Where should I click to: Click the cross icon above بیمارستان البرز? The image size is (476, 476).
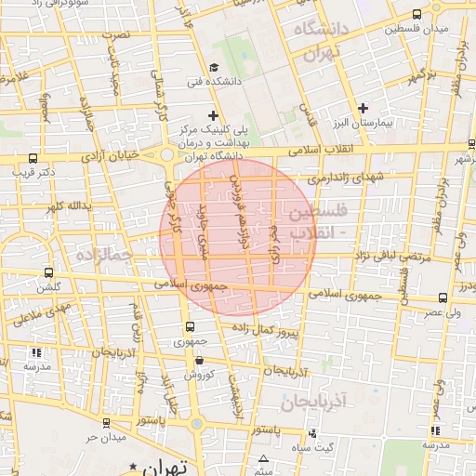(363, 109)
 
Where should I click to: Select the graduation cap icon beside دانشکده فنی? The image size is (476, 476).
(215, 67)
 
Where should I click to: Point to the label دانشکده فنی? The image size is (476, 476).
(241, 81)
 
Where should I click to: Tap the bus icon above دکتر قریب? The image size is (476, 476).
(33, 158)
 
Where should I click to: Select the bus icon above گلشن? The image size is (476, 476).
(48, 273)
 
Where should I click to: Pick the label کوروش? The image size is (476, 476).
(198, 374)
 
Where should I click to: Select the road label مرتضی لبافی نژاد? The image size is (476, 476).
(396, 255)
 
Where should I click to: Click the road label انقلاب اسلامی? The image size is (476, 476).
(321, 149)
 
